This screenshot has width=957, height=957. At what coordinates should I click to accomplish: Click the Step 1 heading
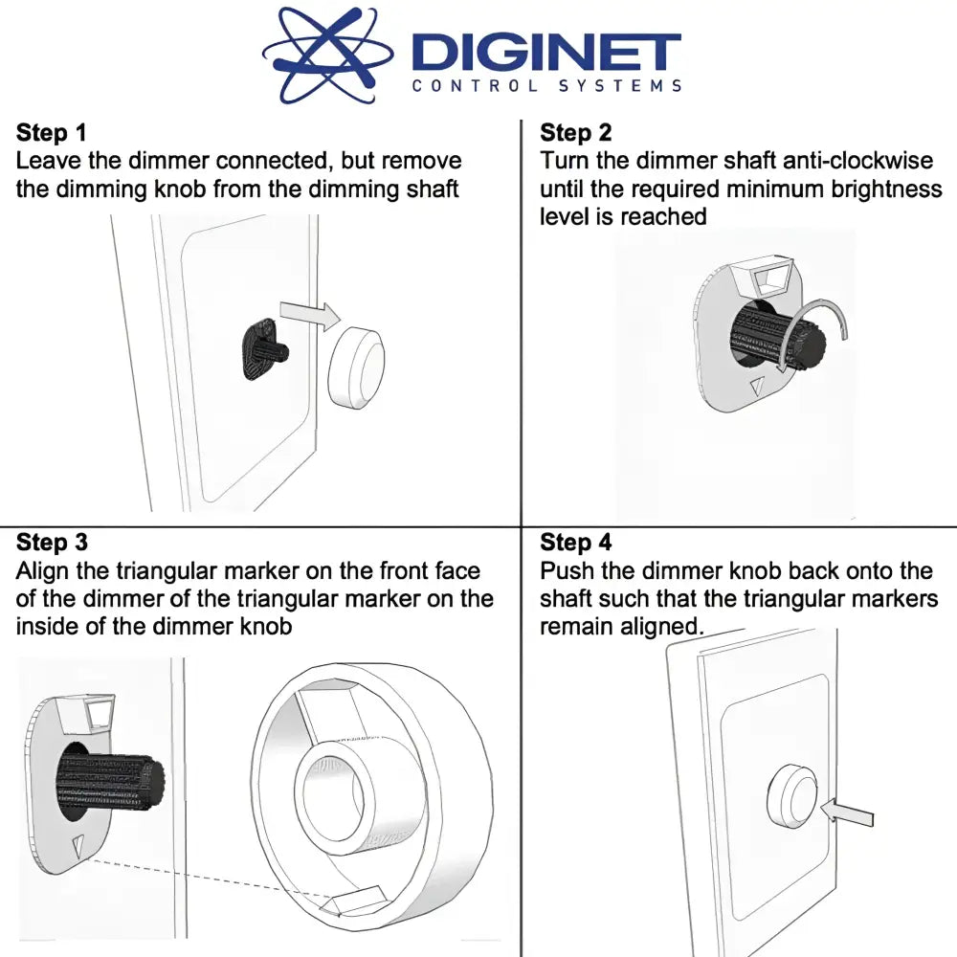coord(52,132)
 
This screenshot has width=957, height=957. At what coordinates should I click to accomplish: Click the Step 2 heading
coord(575,132)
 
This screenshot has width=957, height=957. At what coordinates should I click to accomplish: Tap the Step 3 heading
coord(52,542)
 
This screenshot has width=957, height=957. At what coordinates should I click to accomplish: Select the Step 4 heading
coord(575,542)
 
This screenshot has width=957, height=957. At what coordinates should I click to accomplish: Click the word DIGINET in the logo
coord(546,52)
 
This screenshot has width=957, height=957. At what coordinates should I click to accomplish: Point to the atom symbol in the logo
coord(327,54)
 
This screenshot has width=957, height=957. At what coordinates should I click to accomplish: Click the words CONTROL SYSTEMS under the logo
coord(546,85)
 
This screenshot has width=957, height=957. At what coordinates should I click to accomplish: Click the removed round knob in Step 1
coord(356,367)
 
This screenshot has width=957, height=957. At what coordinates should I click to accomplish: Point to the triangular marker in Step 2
coord(757,386)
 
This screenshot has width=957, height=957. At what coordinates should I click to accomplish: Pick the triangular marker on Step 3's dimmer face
coord(78,846)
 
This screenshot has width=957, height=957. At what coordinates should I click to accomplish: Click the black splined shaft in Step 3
coord(110,784)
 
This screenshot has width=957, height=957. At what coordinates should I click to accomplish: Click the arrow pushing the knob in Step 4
coord(847,812)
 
